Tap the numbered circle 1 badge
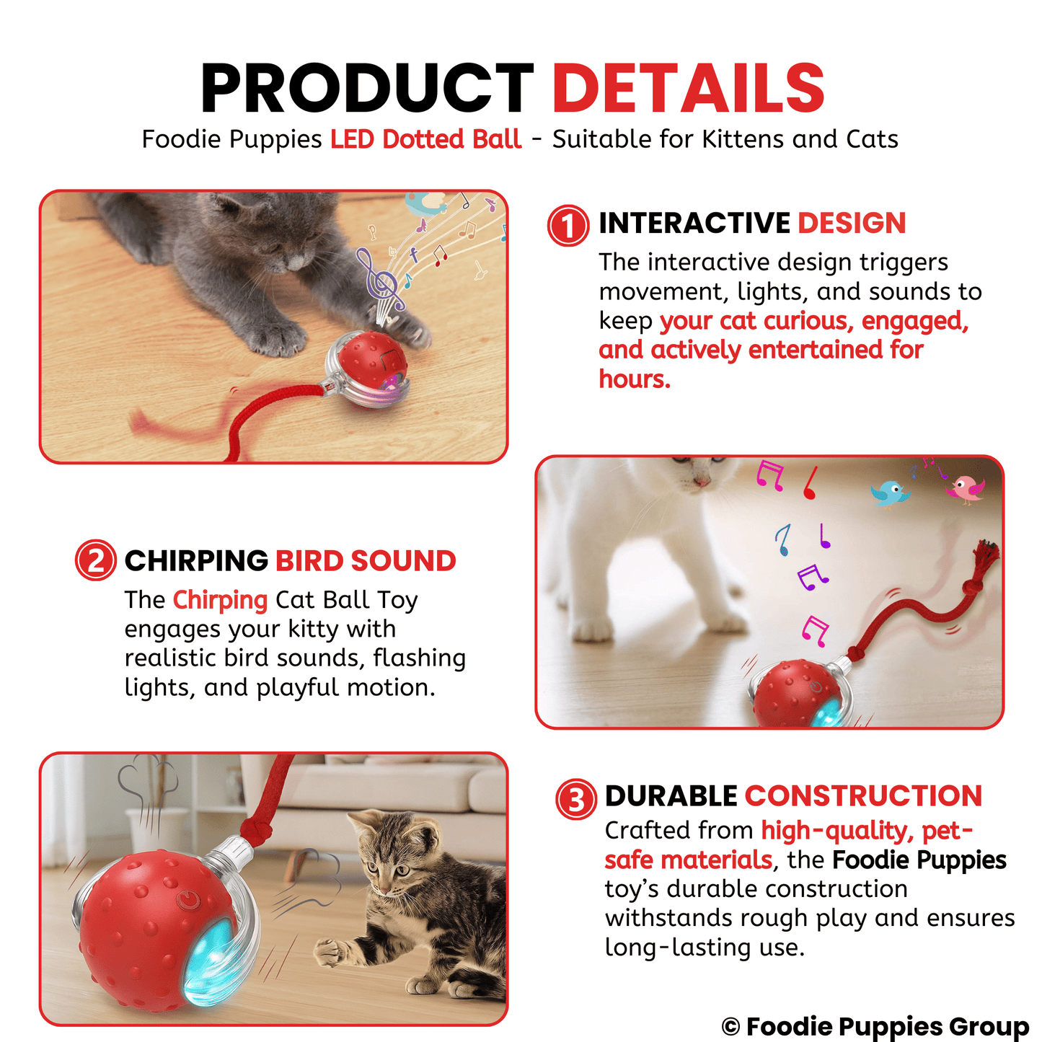tap(568, 226)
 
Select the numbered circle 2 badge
tap(95, 560)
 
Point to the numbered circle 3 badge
tap(575, 799)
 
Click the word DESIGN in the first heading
tap(852, 224)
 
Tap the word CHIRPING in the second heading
tap(196, 561)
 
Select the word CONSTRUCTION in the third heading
tap(863, 796)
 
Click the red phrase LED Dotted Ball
tap(425, 139)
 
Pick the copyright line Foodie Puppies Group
tap(875, 1025)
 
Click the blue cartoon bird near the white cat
tap(891, 493)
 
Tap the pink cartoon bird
tap(966, 488)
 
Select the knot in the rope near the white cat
tap(855, 653)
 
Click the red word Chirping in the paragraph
tap(220, 600)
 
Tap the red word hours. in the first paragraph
tap(635, 379)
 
